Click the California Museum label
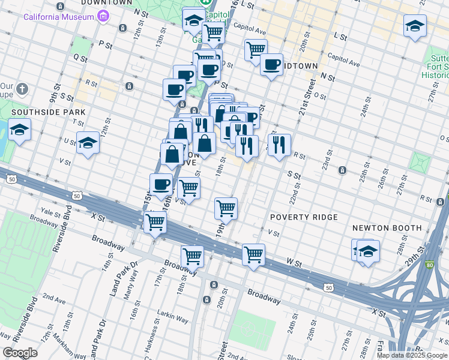pos(58,16)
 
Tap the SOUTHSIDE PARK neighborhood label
pos(47,112)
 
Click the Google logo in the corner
pos(19,353)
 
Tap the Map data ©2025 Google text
pos(412,355)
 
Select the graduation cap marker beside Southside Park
pos(19,130)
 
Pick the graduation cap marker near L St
pos(414,26)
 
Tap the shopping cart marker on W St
pos(253,254)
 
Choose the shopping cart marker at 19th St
pos(226,209)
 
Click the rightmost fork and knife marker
pos(279,145)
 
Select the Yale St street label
pos(47,211)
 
